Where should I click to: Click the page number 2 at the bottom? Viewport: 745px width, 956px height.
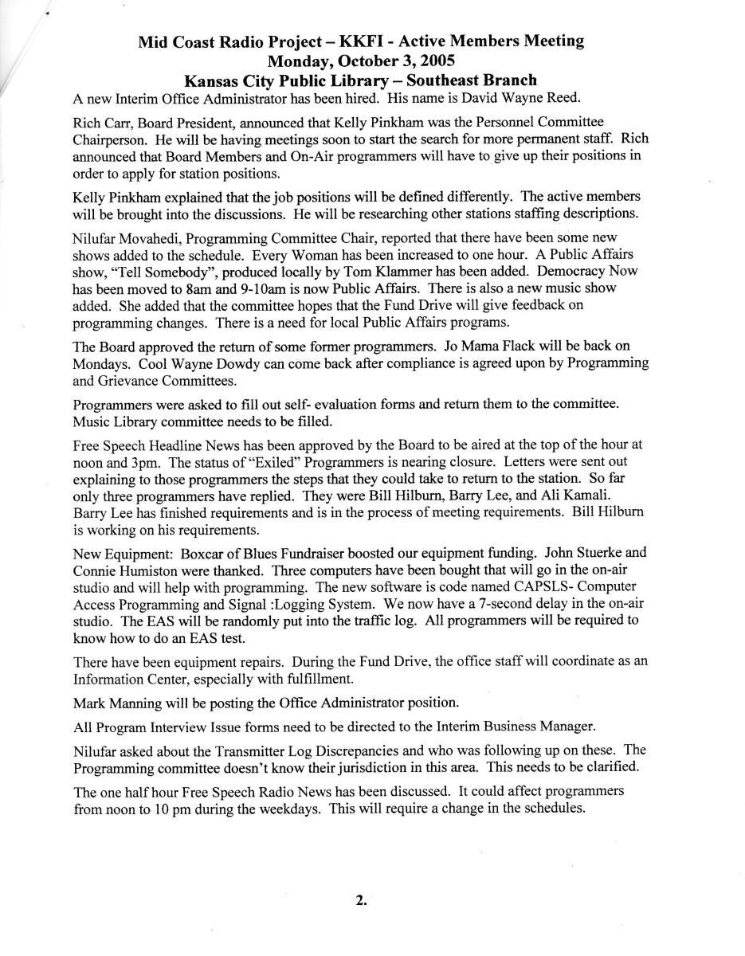360,900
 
